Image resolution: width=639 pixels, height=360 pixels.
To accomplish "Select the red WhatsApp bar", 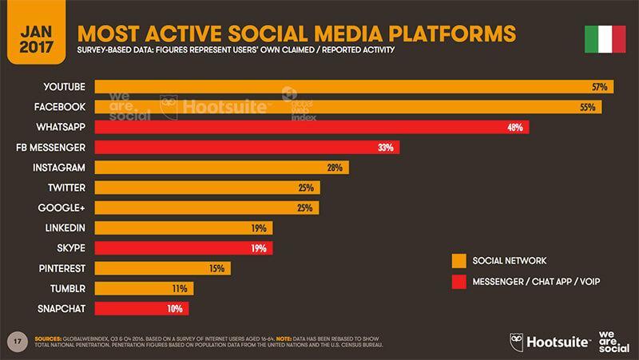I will (312, 127).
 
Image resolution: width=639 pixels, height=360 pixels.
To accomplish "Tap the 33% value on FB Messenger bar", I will (386, 147).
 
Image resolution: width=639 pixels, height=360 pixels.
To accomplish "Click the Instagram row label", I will (60, 168).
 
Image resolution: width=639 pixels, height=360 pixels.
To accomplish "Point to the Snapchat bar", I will (142, 308).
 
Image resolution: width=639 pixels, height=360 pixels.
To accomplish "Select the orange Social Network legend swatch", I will (458, 260).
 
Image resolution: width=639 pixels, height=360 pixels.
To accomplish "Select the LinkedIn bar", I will (184, 227).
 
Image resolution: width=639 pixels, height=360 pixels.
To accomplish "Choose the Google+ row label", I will (64, 208).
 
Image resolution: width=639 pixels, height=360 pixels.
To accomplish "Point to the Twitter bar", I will (208, 188).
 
